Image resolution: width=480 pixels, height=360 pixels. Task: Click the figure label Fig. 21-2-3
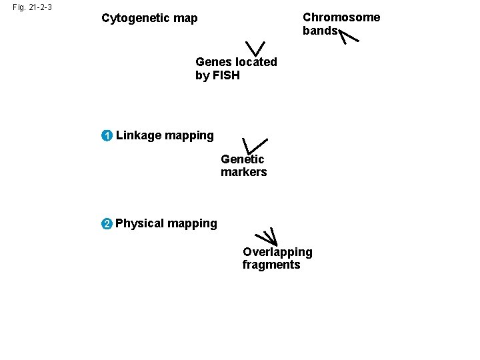coord(32,8)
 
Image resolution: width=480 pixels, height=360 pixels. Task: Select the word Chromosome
coord(341,17)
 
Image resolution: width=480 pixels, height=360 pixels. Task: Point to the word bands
coord(320,31)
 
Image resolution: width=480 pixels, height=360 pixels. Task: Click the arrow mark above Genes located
coord(255,49)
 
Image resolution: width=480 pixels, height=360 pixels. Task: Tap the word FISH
coord(225,75)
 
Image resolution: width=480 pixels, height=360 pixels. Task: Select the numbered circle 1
coord(107,136)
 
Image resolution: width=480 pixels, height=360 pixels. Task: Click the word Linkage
coord(139,136)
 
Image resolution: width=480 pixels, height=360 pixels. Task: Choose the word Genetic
coord(243,159)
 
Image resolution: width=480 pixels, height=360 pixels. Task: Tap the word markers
coord(244,173)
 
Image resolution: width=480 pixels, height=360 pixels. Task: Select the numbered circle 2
coord(107,223)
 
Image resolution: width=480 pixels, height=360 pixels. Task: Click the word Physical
coord(139,223)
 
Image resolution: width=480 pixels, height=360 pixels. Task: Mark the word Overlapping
coord(277,252)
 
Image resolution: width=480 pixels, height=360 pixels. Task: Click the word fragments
coord(271,265)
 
